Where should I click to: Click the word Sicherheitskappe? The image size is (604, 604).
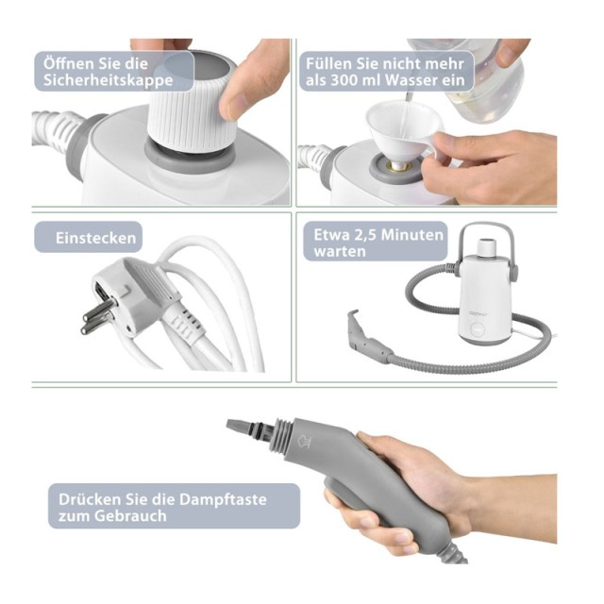pos(108,80)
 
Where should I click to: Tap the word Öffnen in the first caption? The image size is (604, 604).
pos(67,63)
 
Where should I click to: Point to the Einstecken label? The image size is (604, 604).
pos(95,238)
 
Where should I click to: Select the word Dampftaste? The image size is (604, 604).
pos(223,499)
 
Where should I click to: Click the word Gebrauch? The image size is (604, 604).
pos(130,516)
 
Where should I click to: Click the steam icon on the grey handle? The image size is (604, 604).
pos(305,442)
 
